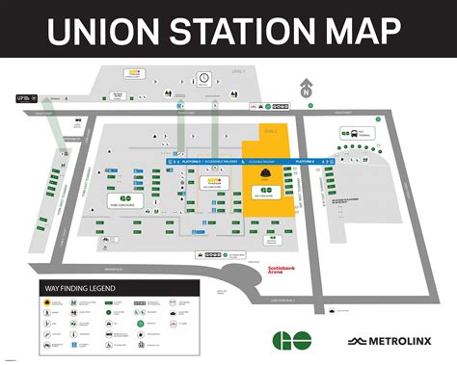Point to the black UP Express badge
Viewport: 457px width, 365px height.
coord(22,97)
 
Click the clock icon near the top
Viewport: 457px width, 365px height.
coord(204,77)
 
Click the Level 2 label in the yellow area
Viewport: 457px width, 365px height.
coord(269,129)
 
